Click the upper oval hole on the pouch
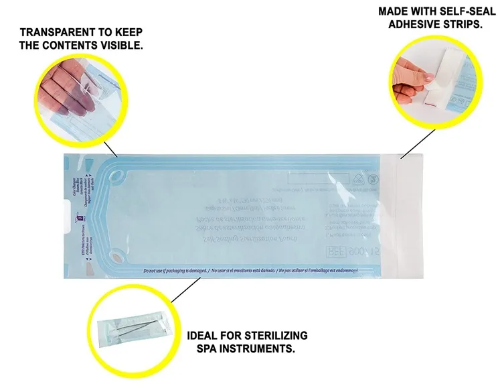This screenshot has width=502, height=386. pos(117,177)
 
